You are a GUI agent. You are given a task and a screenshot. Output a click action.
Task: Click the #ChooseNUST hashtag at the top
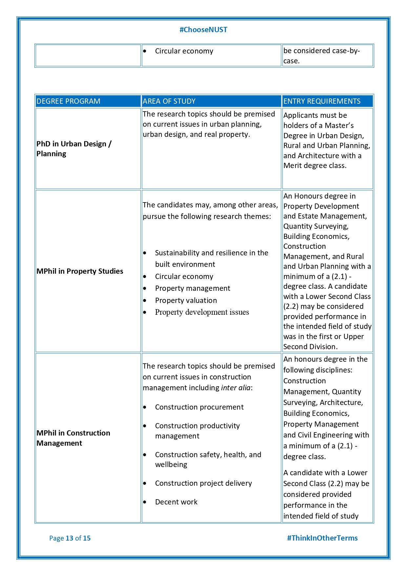(x=203, y=30)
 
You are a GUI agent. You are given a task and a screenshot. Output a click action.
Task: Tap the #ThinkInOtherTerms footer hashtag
(x=322, y=538)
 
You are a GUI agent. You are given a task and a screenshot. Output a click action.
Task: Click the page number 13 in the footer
(x=70, y=538)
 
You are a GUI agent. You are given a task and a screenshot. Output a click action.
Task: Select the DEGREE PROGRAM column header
(x=69, y=101)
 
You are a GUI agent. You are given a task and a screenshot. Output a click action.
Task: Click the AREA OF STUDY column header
(x=169, y=101)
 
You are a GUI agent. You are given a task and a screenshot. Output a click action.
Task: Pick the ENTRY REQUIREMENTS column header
(x=322, y=101)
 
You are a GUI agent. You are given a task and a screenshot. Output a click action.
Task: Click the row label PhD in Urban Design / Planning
(x=74, y=149)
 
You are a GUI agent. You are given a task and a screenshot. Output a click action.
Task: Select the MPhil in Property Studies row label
(x=80, y=271)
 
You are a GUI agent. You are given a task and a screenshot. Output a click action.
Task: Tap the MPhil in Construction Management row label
(x=73, y=438)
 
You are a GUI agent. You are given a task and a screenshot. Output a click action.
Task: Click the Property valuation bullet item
(x=186, y=300)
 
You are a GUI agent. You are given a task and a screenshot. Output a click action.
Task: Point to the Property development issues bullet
(x=202, y=312)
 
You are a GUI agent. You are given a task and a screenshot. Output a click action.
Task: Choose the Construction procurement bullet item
(x=199, y=407)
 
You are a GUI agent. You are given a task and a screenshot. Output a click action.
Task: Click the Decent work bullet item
(x=176, y=502)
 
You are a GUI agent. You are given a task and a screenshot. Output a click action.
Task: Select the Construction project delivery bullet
(x=203, y=483)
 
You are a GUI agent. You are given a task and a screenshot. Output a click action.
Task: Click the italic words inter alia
(x=236, y=388)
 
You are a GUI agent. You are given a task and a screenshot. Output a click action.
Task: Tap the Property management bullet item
(x=193, y=288)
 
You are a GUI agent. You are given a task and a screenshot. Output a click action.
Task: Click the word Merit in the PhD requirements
(x=293, y=166)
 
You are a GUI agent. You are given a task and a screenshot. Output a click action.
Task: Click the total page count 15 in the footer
(x=87, y=538)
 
